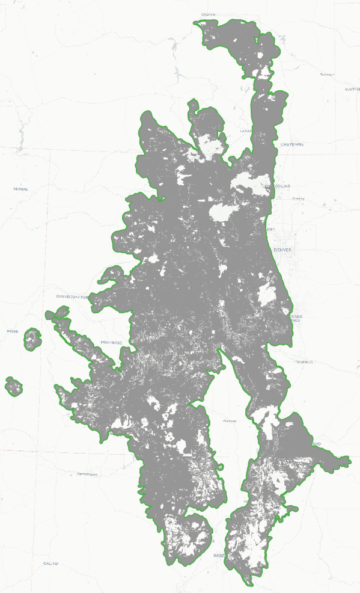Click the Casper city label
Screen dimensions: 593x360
pos(208,14)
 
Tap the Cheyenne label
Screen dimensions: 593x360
pos(292,144)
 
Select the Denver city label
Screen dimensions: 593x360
pos(282,249)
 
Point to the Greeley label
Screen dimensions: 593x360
pos(298,198)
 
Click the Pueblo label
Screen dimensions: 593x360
pos(305,362)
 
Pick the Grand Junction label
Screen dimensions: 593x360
pos(72,296)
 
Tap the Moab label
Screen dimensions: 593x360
pos(12,331)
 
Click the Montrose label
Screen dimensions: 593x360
pos(112,342)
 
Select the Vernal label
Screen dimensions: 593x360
pos(20,189)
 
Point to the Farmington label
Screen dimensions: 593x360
pos(87,474)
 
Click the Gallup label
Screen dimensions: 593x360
pos(50,563)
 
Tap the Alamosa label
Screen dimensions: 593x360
pos(230,421)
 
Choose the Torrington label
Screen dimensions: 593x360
pos(326,75)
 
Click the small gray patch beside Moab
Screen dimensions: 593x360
pos(32,340)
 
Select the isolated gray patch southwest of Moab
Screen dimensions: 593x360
pos(14,386)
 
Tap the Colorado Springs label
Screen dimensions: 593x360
pos(296,319)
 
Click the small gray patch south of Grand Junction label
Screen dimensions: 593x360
pos(57,313)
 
